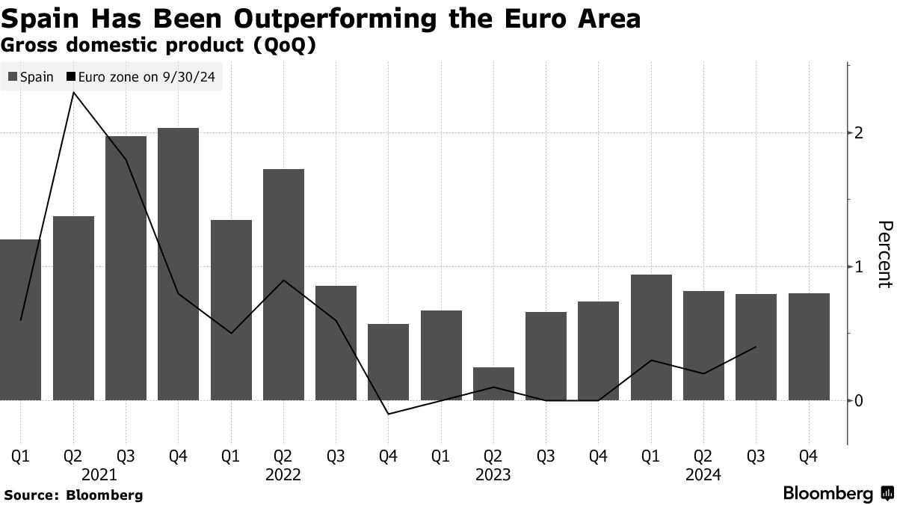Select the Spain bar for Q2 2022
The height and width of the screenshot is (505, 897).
(x=283, y=284)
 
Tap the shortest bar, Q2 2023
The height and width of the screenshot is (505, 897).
(x=493, y=384)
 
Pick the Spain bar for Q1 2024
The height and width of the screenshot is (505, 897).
(x=651, y=337)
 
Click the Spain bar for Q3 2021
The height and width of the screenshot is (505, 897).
(x=126, y=268)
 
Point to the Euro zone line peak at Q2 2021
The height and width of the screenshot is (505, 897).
(x=73, y=93)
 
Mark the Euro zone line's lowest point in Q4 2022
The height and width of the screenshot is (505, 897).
(x=389, y=414)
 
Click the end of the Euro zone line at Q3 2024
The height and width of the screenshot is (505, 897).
(x=756, y=347)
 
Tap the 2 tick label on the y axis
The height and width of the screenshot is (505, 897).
(x=859, y=133)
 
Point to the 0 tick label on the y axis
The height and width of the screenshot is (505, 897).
(x=859, y=401)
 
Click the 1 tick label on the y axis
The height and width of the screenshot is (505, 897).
(x=859, y=267)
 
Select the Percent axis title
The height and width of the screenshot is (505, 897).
(x=884, y=254)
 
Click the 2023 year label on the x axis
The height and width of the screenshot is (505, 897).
(x=493, y=474)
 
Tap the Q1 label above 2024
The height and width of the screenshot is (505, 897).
(x=651, y=456)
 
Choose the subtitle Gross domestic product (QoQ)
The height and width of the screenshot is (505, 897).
(x=158, y=44)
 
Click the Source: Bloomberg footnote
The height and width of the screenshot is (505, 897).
(x=73, y=495)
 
